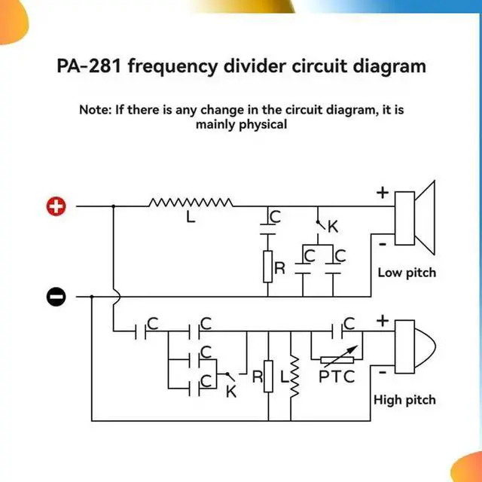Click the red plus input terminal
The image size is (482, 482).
[x=57, y=206]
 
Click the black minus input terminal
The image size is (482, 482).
[x=57, y=297]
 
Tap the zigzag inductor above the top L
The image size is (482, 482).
[x=191, y=202]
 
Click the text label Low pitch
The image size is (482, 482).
[x=407, y=272]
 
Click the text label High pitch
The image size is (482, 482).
[x=404, y=400]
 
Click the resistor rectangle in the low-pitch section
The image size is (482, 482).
[x=267, y=267]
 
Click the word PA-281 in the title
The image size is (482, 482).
[x=89, y=66]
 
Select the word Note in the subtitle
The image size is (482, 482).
[x=95, y=109]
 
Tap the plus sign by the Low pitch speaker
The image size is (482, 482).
[x=383, y=193]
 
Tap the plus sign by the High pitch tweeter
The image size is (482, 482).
[x=383, y=321]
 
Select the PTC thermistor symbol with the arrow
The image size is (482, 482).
[x=338, y=359]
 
